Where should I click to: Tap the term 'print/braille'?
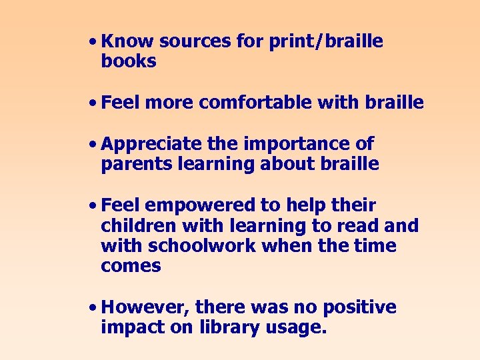(x=326, y=41)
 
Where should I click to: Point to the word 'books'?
(x=129, y=61)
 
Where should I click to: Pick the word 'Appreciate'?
(x=151, y=144)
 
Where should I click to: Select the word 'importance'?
(x=307, y=144)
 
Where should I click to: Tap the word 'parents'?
(x=137, y=164)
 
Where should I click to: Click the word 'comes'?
(x=131, y=266)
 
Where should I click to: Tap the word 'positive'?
(x=359, y=307)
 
